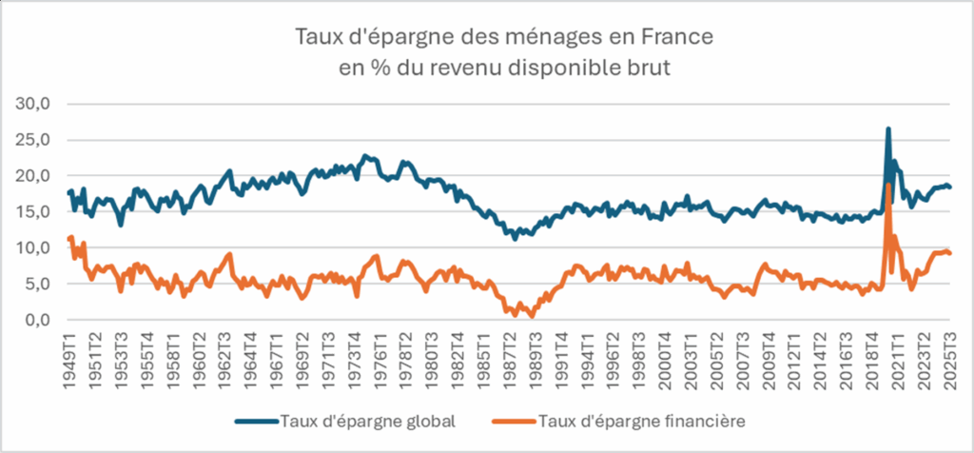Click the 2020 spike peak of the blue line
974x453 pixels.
click(x=887, y=128)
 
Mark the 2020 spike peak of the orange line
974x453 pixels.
click(x=887, y=185)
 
